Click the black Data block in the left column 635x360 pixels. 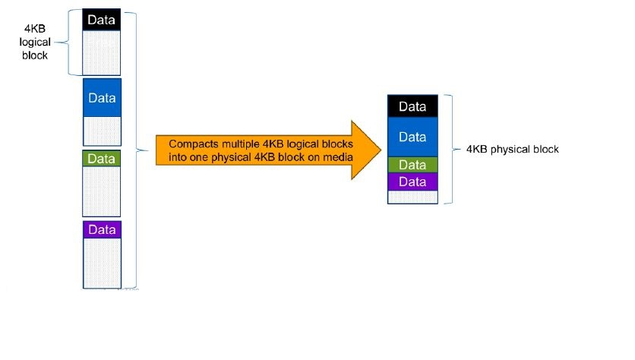coord(101,20)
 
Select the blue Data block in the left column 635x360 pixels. coord(101,98)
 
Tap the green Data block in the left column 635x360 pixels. coord(101,158)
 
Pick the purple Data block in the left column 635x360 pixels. coord(101,229)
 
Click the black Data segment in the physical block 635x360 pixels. coord(412,106)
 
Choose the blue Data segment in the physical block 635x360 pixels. coord(412,137)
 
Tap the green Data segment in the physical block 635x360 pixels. coord(412,165)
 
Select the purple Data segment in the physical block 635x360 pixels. coord(412,182)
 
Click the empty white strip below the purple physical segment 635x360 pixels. coord(412,196)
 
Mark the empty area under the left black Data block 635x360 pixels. coord(101,51)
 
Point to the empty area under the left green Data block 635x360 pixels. coord(101,191)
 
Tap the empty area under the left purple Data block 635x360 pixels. coord(101,262)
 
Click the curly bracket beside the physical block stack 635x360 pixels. coord(451,150)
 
